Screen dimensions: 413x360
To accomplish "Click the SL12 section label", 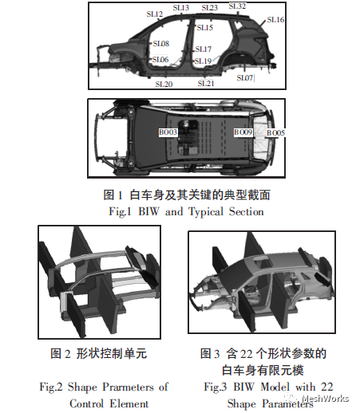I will pos(155,14).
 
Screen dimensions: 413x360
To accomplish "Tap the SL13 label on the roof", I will pos(181,8).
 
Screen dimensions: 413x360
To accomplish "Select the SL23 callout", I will pos(209,8).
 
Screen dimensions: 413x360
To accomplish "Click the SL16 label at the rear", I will pos(275,19).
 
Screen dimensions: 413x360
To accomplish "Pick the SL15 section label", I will pos(204,28).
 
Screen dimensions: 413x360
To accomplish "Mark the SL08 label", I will pos(160,44).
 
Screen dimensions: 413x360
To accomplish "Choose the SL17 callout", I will pos(203,49).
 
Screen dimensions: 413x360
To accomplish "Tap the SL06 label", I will pos(160,60).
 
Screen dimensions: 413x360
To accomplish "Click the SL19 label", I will pos(203,61).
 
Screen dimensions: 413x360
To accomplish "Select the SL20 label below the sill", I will pos(164,83).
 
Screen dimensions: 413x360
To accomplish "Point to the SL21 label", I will pos(206,83).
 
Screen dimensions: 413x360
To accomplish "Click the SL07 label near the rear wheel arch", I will pos(245,78).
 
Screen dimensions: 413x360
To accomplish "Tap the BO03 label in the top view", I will pos(168,132).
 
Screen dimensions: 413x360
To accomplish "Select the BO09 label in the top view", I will pos(243,132).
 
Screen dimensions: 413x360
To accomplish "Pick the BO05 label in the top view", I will pos(275,133).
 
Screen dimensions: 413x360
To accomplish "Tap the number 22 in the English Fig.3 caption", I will pos(313,387).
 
